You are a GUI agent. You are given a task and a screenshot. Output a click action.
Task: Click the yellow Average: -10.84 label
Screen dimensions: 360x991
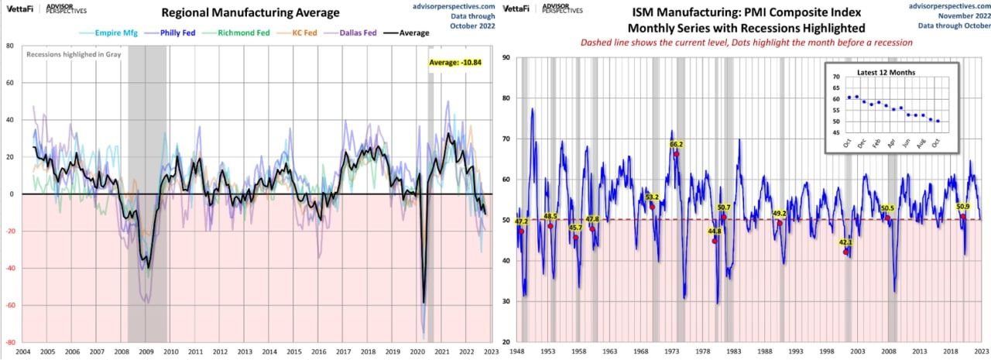455,62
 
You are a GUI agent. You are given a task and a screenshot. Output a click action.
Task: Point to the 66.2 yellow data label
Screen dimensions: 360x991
676,144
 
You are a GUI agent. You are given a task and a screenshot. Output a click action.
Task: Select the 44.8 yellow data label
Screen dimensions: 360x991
715,231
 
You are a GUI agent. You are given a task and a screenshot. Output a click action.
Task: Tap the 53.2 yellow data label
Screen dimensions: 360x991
652,197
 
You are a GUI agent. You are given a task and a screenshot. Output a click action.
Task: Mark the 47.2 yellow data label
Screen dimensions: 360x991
521,222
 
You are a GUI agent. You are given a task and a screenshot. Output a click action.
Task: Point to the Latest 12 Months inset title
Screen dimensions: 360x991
886,72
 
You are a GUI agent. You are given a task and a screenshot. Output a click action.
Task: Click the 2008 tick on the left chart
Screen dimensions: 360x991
122,351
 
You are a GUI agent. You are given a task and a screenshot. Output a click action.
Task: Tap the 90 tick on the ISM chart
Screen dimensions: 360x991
505,57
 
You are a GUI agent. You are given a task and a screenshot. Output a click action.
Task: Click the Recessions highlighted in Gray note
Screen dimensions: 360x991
70,55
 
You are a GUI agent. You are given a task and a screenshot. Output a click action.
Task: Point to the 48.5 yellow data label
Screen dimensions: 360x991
550,217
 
